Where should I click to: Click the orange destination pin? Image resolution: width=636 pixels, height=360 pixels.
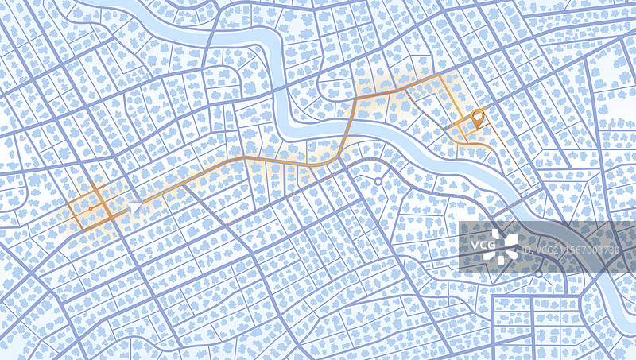[477, 119]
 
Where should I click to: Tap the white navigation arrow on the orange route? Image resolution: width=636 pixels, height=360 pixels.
[136, 206]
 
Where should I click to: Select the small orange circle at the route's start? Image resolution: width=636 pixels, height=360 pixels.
[91, 208]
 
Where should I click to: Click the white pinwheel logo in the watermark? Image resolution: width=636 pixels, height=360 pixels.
[504, 246]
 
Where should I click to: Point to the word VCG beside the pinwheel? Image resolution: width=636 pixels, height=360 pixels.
[482, 246]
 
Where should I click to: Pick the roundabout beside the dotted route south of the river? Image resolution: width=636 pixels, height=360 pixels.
[378, 182]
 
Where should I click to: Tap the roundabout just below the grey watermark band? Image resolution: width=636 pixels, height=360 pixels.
[538, 274]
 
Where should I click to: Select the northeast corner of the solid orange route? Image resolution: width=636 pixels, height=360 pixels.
[442, 76]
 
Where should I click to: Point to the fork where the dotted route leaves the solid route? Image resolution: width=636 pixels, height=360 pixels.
[181, 184]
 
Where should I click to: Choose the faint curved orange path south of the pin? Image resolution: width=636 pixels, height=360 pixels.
[477, 143]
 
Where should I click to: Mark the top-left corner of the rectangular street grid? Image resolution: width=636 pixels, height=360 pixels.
[493, 299]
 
